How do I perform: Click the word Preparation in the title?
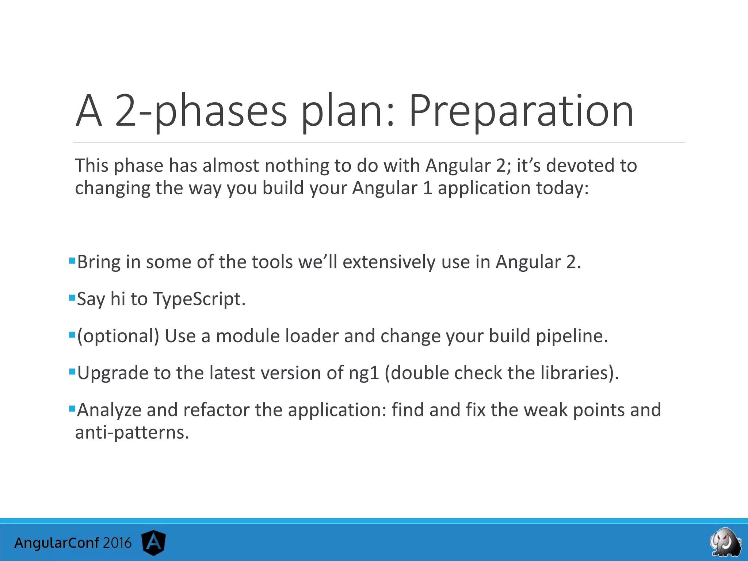coord(521,111)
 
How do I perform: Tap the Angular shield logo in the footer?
coord(154,543)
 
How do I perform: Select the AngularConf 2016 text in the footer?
coord(73,543)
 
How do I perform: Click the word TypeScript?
coord(199,299)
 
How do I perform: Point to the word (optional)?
coord(118,336)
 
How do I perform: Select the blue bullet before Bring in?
coord(72,261)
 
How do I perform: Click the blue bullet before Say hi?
coord(72,298)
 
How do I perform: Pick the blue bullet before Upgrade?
coord(72,372)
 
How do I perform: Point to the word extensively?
coord(389,262)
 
